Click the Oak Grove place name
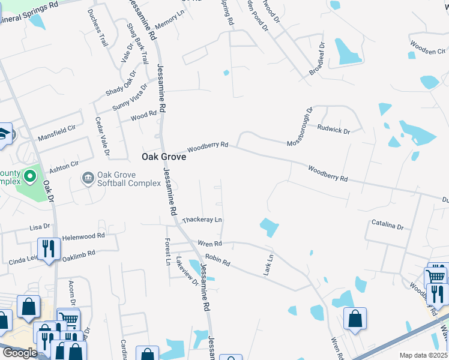pyautogui.click(x=163, y=157)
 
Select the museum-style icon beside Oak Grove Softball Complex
pyautogui.click(x=88, y=178)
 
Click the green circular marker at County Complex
pyautogui.click(x=30, y=177)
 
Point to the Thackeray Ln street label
pyautogui.click(x=202, y=220)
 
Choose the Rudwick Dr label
pyautogui.click(x=334, y=129)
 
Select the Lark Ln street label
pyautogui.click(x=268, y=265)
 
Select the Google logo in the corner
pyautogui.click(x=20, y=353)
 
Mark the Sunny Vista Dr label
pyautogui.click(x=130, y=98)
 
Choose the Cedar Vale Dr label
pyautogui.click(x=102, y=136)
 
